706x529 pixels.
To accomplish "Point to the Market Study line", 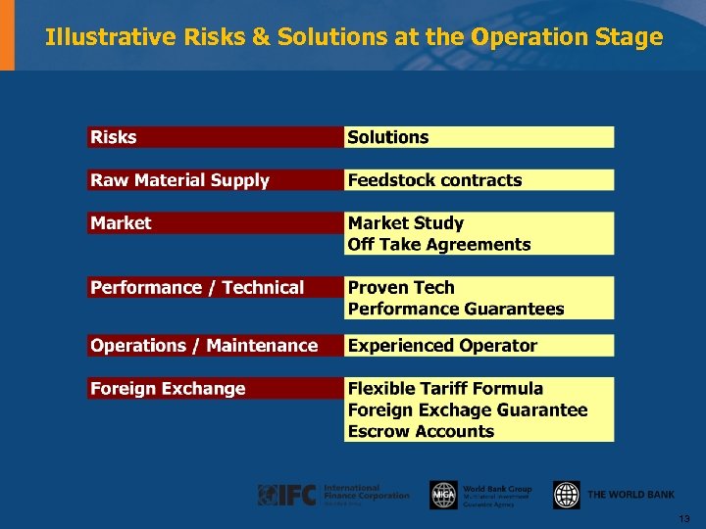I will click(x=406, y=223).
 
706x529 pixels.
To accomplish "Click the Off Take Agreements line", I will click(x=439, y=245).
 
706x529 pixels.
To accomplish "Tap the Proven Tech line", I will click(x=401, y=287).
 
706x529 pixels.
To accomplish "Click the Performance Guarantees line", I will click(x=456, y=309).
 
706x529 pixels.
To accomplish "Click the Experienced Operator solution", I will click(x=442, y=346).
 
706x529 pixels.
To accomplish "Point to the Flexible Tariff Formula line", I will click(x=445, y=389).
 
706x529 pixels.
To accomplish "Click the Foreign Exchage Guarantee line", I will click(x=468, y=410).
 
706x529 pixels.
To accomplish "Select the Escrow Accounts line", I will click(x=421, y=431).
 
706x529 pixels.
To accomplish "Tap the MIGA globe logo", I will click(x=443, y=495).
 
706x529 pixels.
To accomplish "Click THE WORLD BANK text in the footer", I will click(x=630, y=495).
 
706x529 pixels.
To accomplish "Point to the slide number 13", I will click(x=684, y=518).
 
